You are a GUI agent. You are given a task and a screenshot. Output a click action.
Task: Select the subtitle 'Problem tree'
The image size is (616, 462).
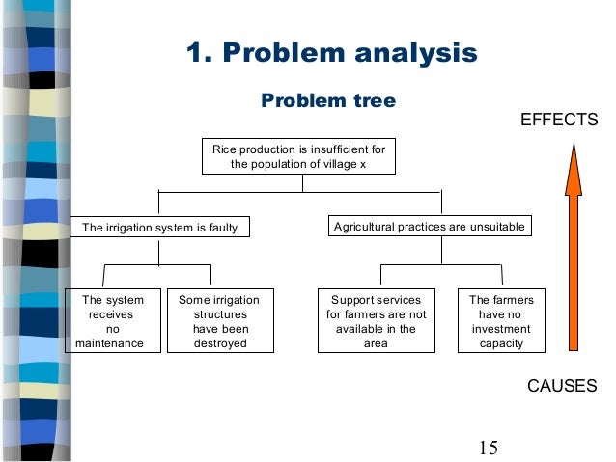(328, 101)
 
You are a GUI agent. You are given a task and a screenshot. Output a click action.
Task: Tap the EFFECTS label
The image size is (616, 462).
(560, 120)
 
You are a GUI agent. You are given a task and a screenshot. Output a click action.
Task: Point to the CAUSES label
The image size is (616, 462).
(562, 386)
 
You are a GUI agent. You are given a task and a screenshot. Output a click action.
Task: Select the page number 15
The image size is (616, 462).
(488, 447)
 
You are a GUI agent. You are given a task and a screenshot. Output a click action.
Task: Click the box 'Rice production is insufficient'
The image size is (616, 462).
(298, 156)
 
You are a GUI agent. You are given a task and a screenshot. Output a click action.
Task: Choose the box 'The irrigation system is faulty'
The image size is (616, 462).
(159, 228)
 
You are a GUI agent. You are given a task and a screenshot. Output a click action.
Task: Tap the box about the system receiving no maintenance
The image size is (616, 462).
(110, 321)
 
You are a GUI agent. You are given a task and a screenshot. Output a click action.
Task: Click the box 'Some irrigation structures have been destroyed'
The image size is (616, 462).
(220, 321)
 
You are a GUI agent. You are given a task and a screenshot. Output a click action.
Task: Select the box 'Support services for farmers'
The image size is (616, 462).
(376, 321)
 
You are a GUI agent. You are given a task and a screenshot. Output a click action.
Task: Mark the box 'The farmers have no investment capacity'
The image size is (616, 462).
(501, 321)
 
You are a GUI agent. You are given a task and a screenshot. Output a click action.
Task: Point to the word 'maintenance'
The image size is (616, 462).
(110, 343)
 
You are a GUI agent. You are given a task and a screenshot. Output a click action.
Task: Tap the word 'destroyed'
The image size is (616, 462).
(220, 343)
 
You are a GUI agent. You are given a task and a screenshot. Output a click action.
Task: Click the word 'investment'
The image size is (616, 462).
(501, 329)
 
